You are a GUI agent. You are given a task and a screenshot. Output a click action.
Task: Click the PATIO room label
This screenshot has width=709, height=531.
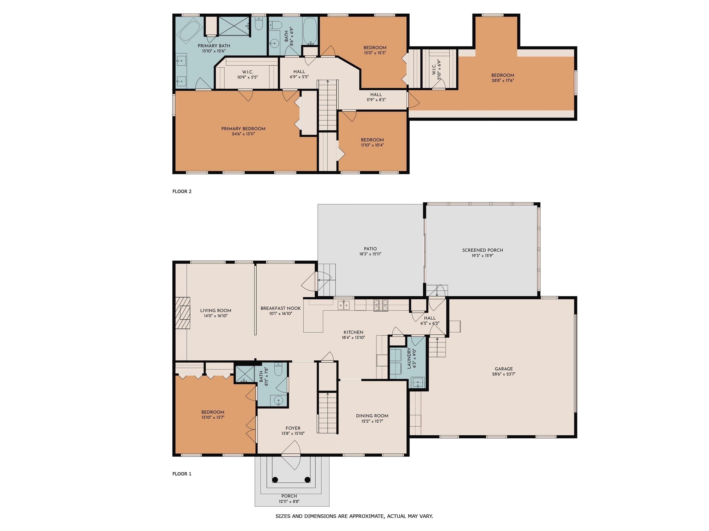tap(370, 249)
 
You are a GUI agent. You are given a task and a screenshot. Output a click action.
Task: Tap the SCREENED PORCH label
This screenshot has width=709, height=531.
tap(482, 250)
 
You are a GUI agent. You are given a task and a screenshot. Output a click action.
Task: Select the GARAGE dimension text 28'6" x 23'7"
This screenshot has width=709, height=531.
tap(504, 374)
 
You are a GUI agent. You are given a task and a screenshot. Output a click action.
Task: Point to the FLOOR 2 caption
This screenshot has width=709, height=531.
tap(182, 191)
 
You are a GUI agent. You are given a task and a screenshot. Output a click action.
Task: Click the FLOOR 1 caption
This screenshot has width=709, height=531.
tap(182, 474)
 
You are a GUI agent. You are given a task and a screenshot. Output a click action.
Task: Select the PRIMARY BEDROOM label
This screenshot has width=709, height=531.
tap(243, 129)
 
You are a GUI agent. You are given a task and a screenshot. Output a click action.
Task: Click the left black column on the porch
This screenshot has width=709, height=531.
tap(275, 479)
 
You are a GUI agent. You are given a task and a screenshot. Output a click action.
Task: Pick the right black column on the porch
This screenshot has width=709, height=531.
tap(307, 479)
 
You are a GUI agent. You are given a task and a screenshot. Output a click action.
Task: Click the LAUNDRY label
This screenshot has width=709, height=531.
tap(409, 358)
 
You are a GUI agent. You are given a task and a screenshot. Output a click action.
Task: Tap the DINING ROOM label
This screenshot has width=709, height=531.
tap(372, 416)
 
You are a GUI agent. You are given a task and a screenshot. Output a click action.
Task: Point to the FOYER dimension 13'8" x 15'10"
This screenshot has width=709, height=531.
tap(293, 433)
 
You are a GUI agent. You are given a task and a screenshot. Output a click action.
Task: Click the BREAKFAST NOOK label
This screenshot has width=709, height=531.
tap(280, 308)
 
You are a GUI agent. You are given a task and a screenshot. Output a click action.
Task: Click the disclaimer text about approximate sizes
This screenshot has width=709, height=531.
tap(354, 516)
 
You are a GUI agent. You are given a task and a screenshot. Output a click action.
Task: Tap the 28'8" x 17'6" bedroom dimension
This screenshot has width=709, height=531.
tap(503, 80)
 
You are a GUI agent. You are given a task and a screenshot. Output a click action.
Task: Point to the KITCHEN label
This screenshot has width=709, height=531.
tap(353, 332)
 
